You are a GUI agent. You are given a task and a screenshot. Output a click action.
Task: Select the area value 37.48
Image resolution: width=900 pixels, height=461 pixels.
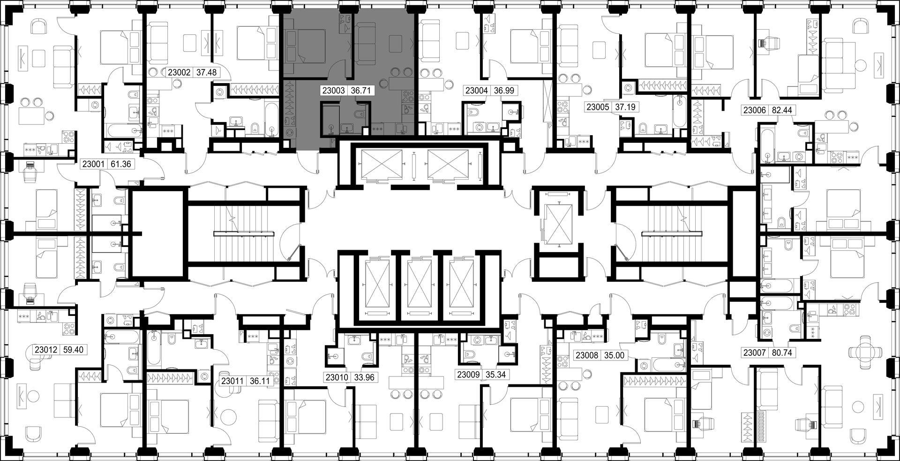coord(207,72)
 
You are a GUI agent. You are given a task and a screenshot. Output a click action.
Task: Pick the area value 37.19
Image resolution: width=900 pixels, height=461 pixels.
coord(625,107)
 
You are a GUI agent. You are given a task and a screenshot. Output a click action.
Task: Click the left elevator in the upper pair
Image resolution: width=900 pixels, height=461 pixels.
coord(379,165)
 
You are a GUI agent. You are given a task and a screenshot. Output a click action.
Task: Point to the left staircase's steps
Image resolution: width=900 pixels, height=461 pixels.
coord(244,233)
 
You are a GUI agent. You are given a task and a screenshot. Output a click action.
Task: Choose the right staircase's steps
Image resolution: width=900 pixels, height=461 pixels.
coord(672,233)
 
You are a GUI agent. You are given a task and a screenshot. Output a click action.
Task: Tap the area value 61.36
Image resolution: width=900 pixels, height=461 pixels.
coord(120,164)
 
